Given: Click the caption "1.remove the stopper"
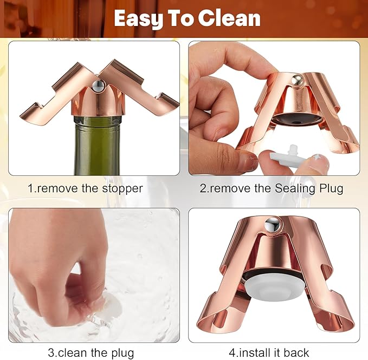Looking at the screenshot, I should [85, 188].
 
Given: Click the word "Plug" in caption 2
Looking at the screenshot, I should [327, 188].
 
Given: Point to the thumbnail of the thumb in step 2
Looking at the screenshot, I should [247, 160].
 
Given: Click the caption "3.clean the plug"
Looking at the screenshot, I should [91, 353].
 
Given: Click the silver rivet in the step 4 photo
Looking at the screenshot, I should [271, 224].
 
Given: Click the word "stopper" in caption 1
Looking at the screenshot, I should [124, 188].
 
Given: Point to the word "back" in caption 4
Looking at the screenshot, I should [297, 353].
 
